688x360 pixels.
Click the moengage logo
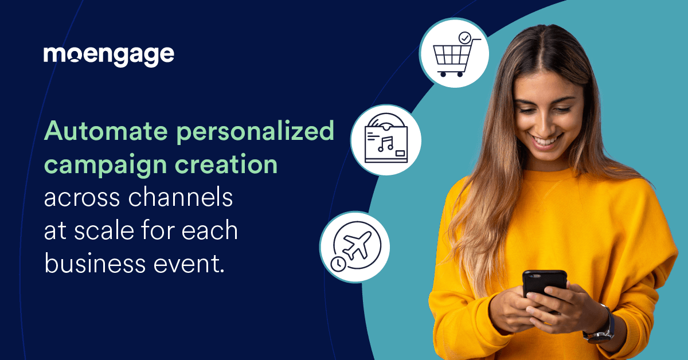point(108,56)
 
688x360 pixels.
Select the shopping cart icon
point(454,57)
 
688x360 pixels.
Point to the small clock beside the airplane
point(338,264)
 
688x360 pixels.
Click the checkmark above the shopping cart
point(464,38)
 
